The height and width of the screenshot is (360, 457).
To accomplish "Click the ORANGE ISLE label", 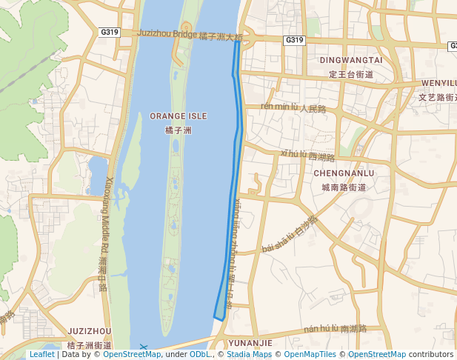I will (x=178, y=116).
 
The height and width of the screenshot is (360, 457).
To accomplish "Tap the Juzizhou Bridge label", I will (x=167, y=34).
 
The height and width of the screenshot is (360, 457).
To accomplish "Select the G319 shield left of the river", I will (x=109, y=32).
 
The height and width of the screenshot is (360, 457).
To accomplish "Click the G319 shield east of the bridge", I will (x=294, y=40).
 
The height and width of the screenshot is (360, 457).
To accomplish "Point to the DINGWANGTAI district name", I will (x=350, y=59).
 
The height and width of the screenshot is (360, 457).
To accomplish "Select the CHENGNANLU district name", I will (x=344, y=173).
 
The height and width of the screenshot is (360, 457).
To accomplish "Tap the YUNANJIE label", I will (x=250, y=343).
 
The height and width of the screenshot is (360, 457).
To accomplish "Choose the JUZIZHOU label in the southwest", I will (x=89, y=331).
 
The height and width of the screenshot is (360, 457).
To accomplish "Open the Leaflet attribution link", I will (x=41, y=355).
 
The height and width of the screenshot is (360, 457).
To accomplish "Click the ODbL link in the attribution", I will (x=199, y=355).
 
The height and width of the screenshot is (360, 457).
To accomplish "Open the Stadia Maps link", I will (x=248, y=355).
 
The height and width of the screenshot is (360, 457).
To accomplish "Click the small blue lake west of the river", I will (x=97, y=174).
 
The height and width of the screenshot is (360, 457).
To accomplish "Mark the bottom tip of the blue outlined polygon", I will (x=221, y=319).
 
